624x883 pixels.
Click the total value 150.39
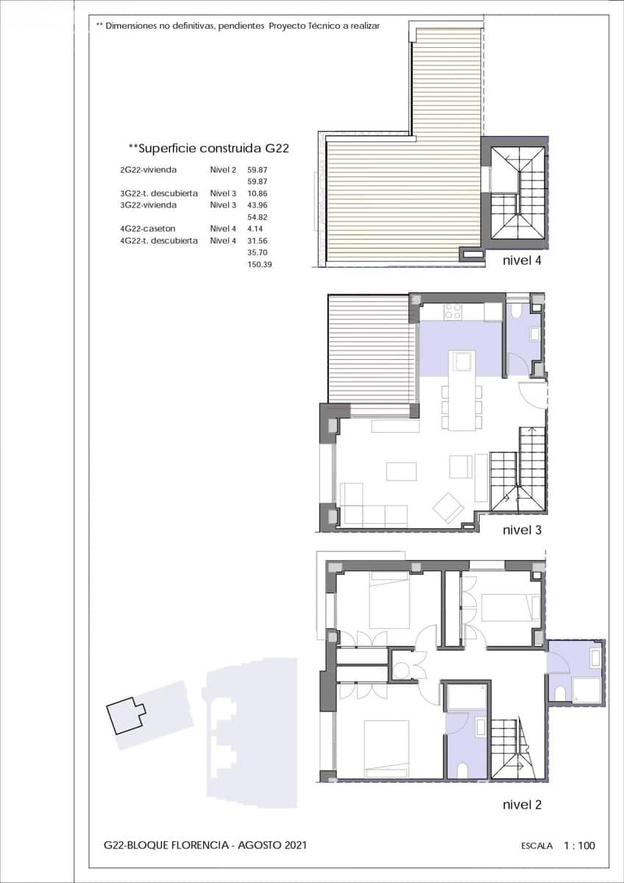pos(260,264)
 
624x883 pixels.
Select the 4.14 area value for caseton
pos(255,229)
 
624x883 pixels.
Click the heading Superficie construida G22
pos(208,148)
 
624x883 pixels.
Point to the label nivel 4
pos(522,260)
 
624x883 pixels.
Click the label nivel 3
pos(522,530)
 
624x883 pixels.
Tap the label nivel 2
pos(522,804)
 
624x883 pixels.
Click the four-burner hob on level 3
pos(453,312)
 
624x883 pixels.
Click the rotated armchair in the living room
pos(448,507)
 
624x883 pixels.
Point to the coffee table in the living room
pos(401,471)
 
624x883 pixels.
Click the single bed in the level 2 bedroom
pos(508,607)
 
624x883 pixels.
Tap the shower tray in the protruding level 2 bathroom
pos(586,689)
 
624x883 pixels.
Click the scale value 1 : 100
pos(579,845)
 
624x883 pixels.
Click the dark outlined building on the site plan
pos(126,714)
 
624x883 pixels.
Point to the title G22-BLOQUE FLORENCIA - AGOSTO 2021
pos(205,845)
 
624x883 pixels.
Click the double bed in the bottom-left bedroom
pos(386,747)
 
